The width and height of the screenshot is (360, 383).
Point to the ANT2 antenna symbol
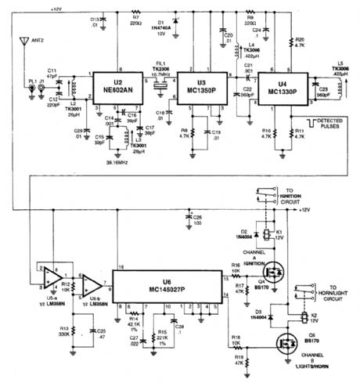[x=28, y=48]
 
